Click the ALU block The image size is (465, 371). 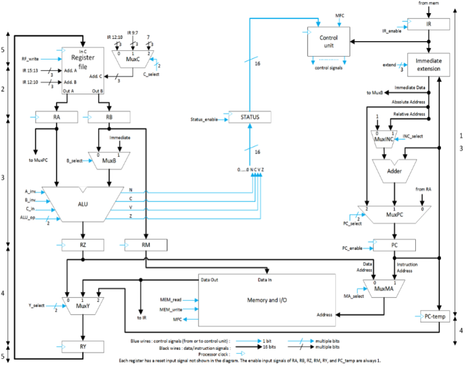pos(83,204)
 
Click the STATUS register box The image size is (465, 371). pos(250,117)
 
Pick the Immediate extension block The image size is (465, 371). pos(428,64)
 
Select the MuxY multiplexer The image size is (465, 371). pos(83,306)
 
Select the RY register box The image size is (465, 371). pos(83,345)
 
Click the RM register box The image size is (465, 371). pos(146,245)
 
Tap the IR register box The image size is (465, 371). pos(428,24)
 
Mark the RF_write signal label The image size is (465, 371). pos(32,58)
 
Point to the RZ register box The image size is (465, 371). pos(83,245)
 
